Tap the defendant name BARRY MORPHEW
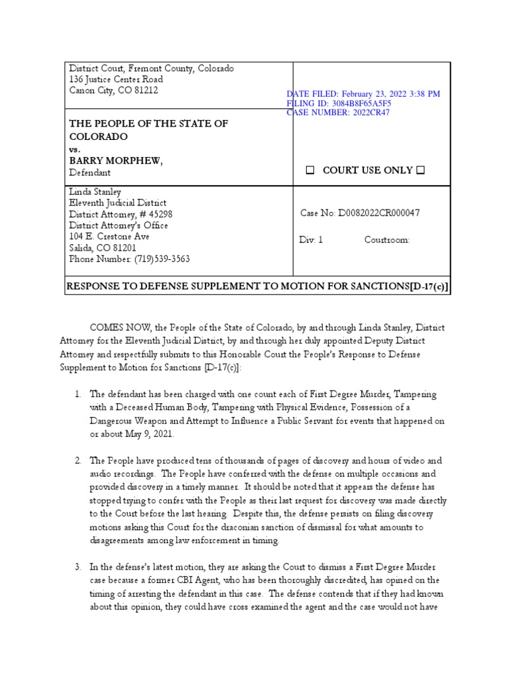pyautogui.click(x=116, y=161)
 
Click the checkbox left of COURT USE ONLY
pyautogui.click(x=310, y=170)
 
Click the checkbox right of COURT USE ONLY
pyautogui.click(x=420, y=170)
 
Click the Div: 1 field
pyautogui.click(x=311, y=240)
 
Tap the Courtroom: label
pyautogui.click(x=387, y=240)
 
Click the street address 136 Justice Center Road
pyautogui.click(x=116, y=80)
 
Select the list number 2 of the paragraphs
pyautogui.click(x=78, y=460)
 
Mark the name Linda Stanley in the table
pyautogui.click(x=95, y=192)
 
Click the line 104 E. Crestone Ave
pyautogui.click(x=109, y=237)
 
